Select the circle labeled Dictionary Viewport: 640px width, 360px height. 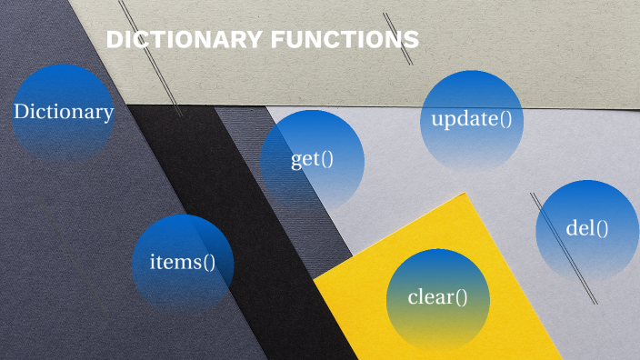click(x=63, y=114)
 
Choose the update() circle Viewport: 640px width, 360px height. click(x=472, y=120)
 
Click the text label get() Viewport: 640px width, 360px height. click(x=312, y=160)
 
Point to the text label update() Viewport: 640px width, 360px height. click(x=472, y=119)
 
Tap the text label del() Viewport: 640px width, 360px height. click(x=587, y=228)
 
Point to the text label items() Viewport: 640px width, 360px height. click(x=183, y=263)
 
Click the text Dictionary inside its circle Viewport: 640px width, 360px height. click(x=63, y=113)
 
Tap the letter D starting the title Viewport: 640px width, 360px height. click(x=113, y=40)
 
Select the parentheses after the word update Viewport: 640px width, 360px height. click(x=505, y=119)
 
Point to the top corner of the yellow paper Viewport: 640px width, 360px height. click(x=465, y=194)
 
